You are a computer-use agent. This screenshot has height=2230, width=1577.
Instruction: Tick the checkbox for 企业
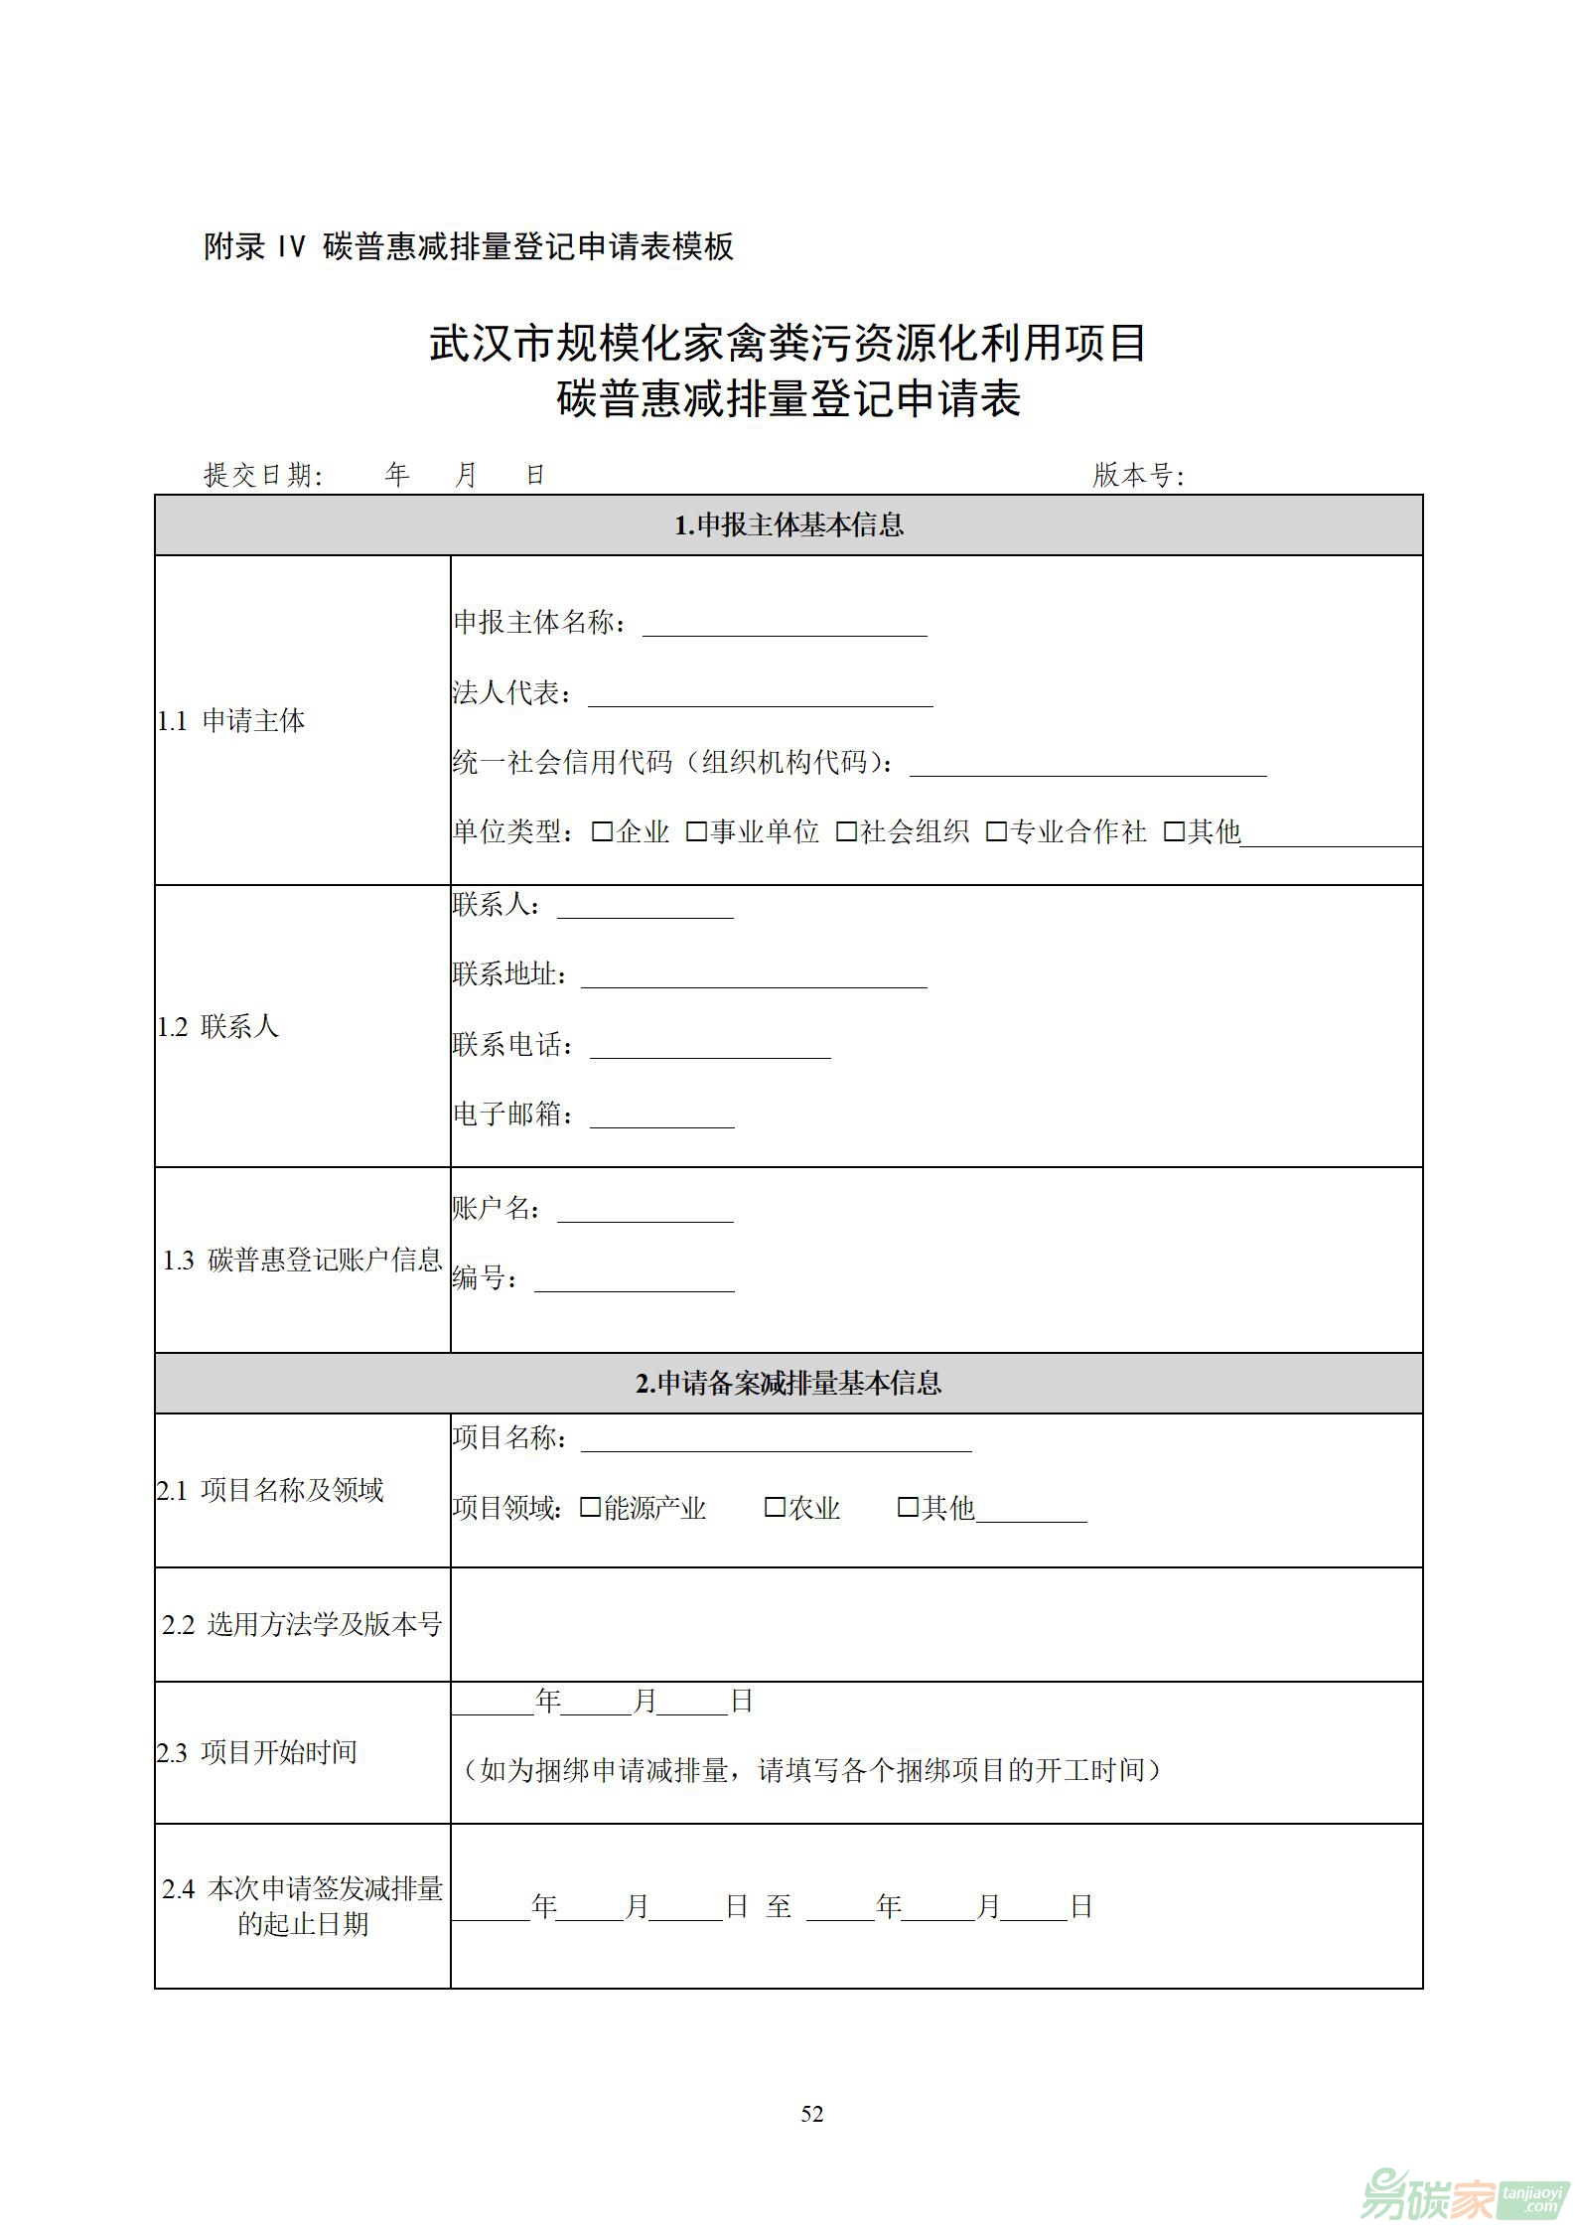tap(602, 831)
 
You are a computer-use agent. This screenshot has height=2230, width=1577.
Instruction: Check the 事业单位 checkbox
tap(696, 831)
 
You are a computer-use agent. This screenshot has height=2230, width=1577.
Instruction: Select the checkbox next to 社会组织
tap(846, 831)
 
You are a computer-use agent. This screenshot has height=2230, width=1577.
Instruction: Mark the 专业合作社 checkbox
tap(996, 831)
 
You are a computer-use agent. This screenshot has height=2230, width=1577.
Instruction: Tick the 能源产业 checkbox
tap(590, 1508)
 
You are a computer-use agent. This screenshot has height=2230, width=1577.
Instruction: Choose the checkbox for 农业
tap(775, 1508)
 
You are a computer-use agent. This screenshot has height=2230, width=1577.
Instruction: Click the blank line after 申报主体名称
tap(785, 626)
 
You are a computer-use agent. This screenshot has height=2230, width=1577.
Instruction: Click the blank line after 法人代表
tap(760, 695)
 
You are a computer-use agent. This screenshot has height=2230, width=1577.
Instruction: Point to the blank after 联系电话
tap(710, 1048)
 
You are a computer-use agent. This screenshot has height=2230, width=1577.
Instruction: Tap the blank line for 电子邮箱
tap(662, 1117)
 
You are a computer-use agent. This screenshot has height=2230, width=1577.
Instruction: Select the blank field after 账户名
tap(645, 1212)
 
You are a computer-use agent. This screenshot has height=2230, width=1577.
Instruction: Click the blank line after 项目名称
tap(776, 1441)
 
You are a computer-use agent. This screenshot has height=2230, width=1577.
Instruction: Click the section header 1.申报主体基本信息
tap(788, 524)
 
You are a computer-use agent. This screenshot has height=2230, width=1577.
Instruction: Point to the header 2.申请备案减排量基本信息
tap(788, 1383)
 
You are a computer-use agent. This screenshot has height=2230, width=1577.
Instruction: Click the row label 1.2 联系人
tap(218, 1026)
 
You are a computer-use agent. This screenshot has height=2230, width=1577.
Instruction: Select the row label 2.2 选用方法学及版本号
tap(302, 1624)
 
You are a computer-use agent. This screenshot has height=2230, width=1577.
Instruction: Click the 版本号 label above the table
tap(1138, 476)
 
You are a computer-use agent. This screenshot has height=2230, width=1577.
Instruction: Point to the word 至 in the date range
tap(779, 1906)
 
